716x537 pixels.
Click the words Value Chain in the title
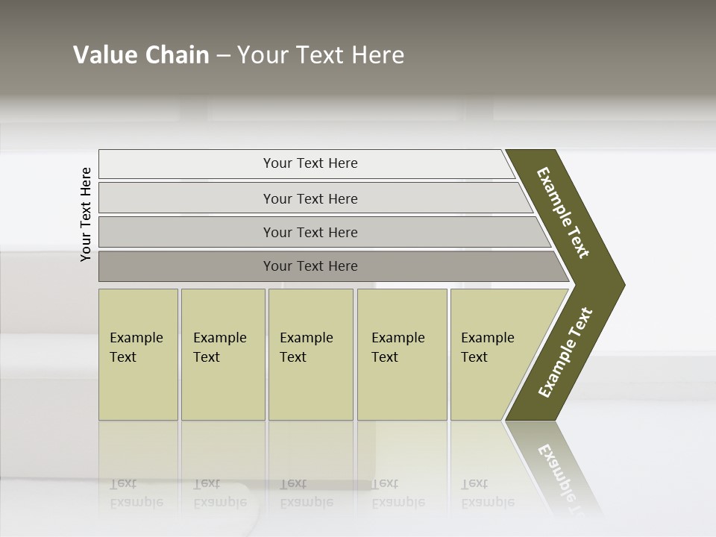141,55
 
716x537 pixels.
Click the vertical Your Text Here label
86,214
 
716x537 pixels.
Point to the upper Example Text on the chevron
563,213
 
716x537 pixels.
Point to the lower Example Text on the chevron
565,352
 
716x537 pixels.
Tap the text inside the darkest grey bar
310,266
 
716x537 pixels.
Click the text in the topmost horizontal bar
310,163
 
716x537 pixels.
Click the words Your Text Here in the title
321,55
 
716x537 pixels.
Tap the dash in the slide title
223,56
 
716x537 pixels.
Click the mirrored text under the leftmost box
136,492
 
